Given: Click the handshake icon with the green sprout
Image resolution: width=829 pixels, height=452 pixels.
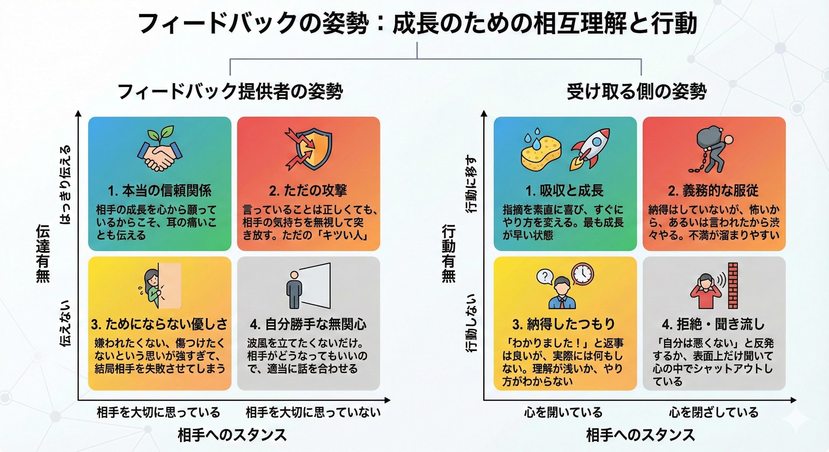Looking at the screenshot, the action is [160, 149].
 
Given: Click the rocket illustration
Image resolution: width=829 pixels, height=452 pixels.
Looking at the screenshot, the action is [589, 149].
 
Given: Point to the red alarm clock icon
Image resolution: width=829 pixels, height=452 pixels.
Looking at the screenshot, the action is [582, 274].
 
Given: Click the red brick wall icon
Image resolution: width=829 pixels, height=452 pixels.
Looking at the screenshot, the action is [733, 285].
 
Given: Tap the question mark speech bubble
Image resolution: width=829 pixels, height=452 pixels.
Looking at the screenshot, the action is [545, 277].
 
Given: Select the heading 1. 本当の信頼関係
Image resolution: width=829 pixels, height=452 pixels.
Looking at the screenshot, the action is [160, 191].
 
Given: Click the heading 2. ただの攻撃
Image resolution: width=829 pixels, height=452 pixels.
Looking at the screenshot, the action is [308, 191].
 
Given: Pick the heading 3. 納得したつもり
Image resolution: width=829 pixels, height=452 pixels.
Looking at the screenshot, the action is [564, 324].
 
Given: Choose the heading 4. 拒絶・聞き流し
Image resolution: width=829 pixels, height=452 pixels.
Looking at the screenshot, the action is [713, 324].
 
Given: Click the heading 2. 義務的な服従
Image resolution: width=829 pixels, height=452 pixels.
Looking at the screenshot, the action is [713, 191].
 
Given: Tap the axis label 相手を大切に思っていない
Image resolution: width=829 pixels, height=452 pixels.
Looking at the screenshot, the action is [313, 412].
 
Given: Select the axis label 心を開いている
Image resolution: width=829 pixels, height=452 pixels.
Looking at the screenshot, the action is [563, 412].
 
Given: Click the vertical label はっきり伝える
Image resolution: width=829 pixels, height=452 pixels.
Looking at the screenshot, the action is [65, 185].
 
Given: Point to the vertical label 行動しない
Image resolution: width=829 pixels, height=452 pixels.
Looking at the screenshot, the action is [471, 323].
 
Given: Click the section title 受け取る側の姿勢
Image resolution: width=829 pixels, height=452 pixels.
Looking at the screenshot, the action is [637, 91].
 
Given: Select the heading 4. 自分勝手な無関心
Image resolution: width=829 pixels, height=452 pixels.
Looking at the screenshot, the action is [308, 324].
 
